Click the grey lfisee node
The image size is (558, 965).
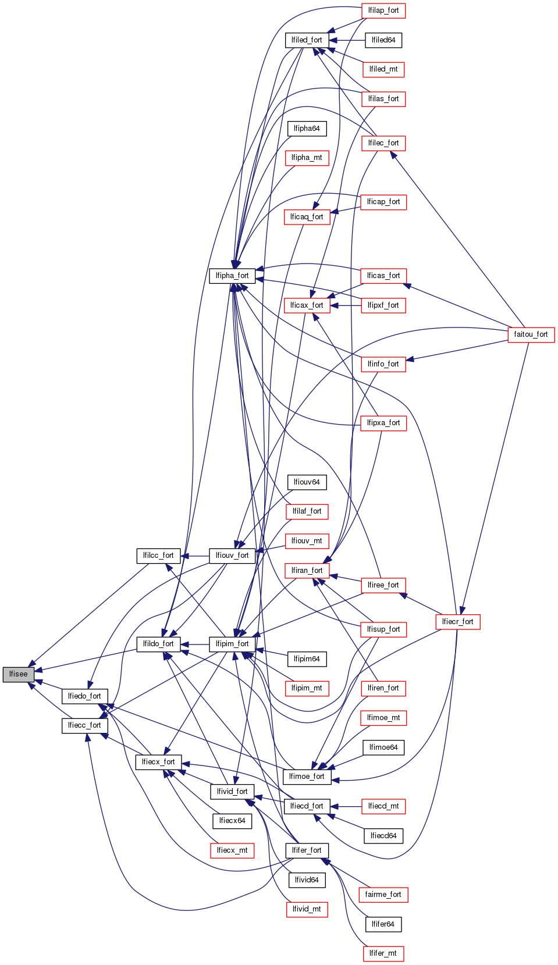tap(18, 674)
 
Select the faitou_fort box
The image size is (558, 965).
tap(531, 334)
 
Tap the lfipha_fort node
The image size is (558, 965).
tap(232, 276)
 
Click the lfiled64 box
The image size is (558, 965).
tap(383, 40)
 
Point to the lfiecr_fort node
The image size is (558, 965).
tap(457, 622)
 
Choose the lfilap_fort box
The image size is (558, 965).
tap(383, 10)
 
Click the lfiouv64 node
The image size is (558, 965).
tap(307, 482)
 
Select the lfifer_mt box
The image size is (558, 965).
tap(383, 953)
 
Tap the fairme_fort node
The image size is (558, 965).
tap(383, 895)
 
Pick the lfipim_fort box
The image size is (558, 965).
tap(232, 644)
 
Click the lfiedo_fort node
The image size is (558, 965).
tap(84, 696)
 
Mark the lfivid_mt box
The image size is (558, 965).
tap(307, 909)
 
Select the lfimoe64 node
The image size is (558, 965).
tap(383, 747)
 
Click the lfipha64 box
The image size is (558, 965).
tap(307, 129)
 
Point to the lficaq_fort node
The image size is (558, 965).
tap(307, 217)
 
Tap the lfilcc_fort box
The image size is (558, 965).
tap(158, 556)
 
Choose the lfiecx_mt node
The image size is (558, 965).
tap(232, 850)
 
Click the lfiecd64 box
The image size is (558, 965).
tap(383, 836)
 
